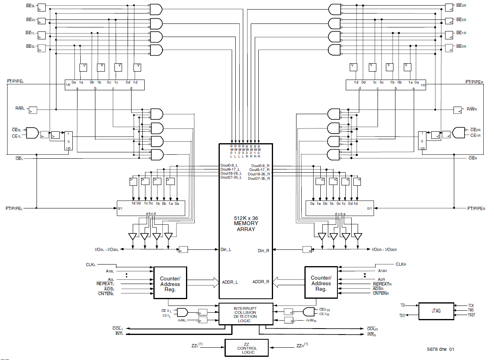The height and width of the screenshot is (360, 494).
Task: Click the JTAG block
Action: pos(436,311)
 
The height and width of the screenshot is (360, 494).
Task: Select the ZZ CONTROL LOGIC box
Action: pos(247,348)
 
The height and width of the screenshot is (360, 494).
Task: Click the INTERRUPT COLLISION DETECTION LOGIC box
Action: pos(245,314)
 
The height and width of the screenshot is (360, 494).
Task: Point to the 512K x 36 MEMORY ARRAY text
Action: pos(245,224)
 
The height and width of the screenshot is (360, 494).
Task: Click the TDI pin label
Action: pos(403,306)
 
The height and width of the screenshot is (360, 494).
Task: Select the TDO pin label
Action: pos(402,315)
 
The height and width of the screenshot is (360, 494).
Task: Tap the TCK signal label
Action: pos(471,306)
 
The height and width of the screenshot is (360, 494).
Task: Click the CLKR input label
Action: pos(400,264)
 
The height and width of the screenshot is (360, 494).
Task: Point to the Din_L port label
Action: pos(226,250)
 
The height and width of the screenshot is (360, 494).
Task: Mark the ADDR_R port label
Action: pos(261,282)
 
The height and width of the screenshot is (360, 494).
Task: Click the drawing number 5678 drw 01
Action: pos(440,349)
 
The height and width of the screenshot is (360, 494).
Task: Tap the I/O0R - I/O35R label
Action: pos(384,250)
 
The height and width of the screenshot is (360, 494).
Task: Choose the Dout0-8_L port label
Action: pos(229,165)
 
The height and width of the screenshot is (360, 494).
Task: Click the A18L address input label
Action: pos(110,271)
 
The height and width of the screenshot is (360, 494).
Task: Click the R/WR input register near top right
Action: pos(457,109)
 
